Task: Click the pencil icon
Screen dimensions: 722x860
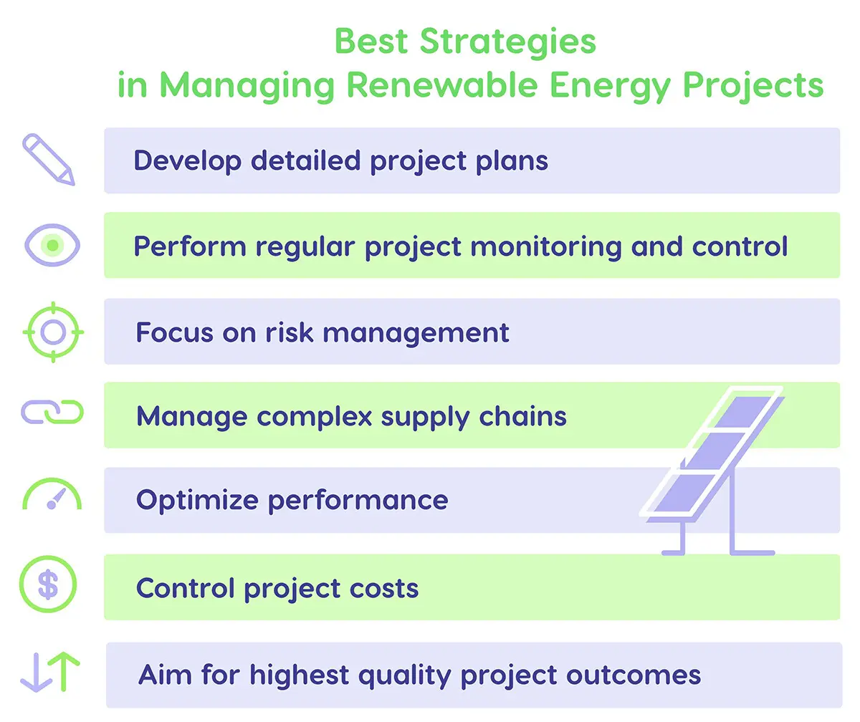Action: (49, 160)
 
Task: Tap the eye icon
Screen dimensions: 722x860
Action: (52, 246)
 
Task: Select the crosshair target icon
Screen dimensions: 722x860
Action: (53, 332)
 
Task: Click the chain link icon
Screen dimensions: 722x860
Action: (52, 413)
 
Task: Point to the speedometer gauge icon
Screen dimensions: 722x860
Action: (52, 495)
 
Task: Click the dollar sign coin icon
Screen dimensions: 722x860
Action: (48, 585)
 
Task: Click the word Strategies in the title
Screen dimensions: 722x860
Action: (507, 42)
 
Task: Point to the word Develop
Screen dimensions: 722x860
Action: (187, 161)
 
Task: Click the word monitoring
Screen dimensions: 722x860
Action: (546, 247)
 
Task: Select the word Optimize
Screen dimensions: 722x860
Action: (197, 500)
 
